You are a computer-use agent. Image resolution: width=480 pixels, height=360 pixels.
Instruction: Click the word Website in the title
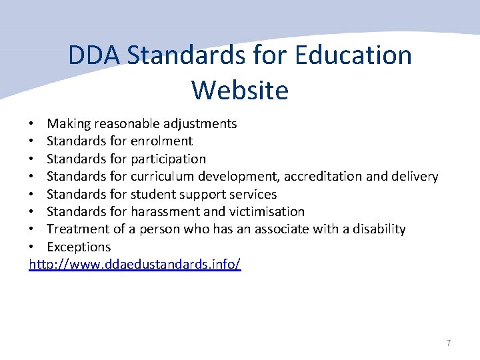point(240,89)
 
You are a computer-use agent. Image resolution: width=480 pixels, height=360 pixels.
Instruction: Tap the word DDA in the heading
point(94,55)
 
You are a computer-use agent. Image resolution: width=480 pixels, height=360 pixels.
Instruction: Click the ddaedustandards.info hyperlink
point(135,264)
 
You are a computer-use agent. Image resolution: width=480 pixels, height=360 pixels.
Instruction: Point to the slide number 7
point(449,343)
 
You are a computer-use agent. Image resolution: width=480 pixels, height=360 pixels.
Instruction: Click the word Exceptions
point(79,247)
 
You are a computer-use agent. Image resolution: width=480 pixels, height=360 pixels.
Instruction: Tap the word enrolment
point(162,141)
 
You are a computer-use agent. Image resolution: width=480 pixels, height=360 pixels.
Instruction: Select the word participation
point(169,159)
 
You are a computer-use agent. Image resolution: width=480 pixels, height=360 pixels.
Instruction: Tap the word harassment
point(165,212)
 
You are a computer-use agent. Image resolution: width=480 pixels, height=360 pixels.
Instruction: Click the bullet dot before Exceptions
point(32,247)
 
